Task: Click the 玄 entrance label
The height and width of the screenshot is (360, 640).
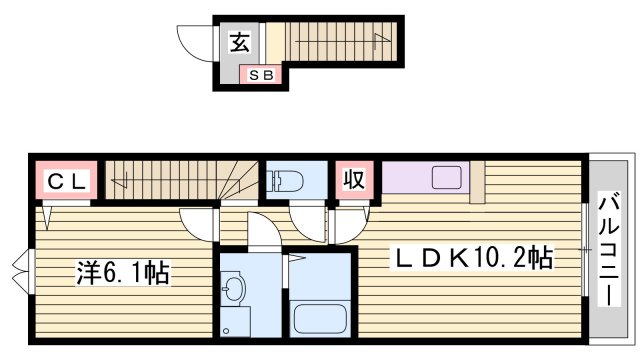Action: (240, 42)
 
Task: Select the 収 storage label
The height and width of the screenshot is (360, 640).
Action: (354, 180)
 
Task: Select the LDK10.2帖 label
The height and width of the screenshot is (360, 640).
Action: (472, 259)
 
